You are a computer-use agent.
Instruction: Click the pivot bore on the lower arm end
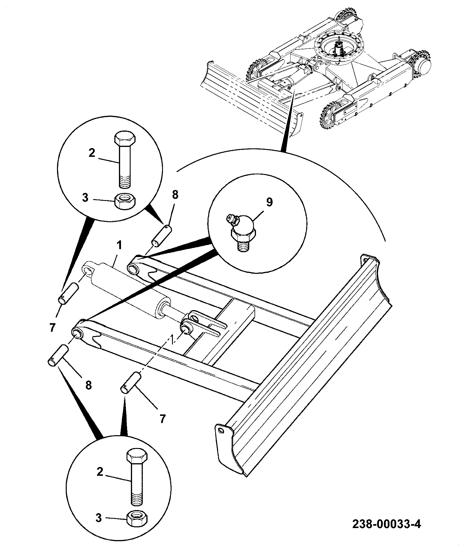point(77,334)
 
